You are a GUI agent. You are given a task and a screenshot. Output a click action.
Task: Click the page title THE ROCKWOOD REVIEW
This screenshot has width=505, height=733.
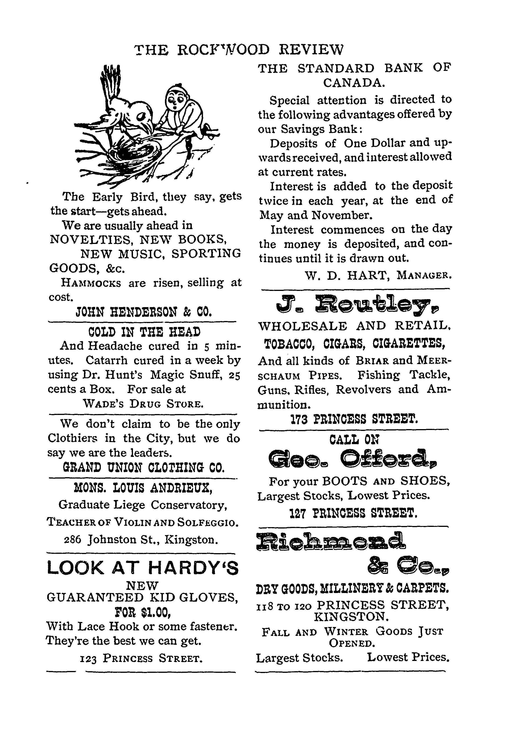[239, 50]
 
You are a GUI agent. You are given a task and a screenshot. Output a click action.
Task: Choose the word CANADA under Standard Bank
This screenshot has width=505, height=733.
[354, 83]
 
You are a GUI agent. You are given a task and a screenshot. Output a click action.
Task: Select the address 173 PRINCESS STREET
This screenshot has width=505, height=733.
[354, 419]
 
